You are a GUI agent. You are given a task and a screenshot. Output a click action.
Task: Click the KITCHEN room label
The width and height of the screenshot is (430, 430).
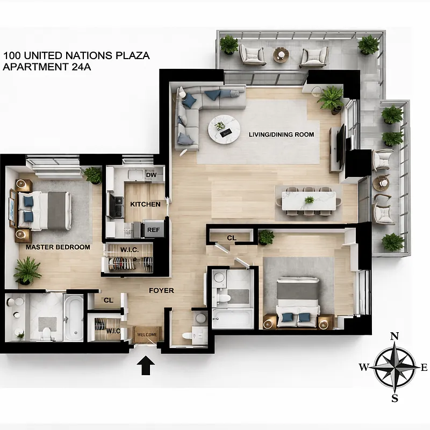145,204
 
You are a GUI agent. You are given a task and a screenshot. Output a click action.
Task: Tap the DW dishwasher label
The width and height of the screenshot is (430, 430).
151,175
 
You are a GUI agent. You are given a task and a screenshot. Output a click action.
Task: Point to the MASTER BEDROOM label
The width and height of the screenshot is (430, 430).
58,247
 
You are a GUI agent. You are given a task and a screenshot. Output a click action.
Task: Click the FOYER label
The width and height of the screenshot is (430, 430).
161,291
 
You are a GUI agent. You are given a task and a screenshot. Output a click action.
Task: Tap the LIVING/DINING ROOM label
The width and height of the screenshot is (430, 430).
281,134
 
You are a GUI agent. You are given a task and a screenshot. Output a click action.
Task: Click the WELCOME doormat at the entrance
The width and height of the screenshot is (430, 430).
147,334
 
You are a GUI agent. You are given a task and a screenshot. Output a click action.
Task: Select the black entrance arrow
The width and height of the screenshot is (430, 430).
146,367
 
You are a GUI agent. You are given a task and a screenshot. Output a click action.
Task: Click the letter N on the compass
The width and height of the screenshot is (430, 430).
394,336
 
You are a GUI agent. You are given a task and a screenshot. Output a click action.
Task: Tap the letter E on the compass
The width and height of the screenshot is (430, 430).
424,368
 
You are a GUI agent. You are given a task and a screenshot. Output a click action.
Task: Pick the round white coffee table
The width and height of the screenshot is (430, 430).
224,128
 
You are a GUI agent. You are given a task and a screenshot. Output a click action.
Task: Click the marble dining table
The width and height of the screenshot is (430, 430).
309,201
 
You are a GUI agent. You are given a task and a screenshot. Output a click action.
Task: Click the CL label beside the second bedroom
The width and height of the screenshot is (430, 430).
232,238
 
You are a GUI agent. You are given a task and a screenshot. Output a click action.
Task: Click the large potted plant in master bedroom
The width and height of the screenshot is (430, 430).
27,270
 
